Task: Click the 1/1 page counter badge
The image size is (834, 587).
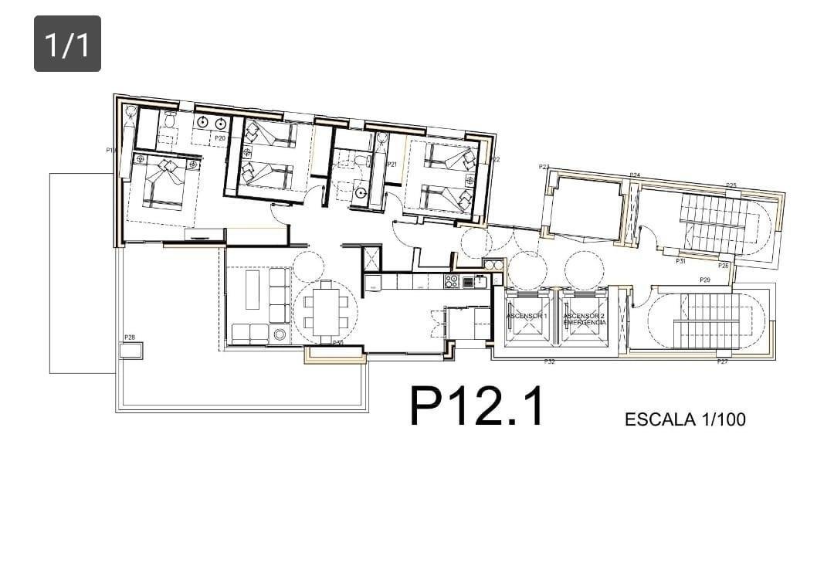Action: point(67,44)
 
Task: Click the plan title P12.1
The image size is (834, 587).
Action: point(476,406)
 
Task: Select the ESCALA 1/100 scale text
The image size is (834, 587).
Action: point(685,419)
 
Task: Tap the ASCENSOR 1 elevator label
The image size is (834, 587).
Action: point(527,317)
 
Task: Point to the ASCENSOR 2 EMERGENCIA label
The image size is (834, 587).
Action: point(585,318)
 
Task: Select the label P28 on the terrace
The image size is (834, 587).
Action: point(129,338)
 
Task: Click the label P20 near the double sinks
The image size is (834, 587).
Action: point(220,137)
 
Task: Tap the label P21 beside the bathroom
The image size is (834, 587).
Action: point(392,164)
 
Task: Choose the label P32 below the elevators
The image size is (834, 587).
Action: point(550,361)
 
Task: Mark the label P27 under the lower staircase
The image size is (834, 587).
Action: point(722,361)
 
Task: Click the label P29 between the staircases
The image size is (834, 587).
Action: point(704,279)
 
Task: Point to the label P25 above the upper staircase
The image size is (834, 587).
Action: point(731,185)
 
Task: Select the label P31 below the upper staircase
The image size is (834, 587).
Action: point(680,261)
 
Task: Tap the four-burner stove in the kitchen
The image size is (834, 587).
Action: point(452,281)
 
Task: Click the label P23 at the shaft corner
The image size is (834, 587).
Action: point(544,166)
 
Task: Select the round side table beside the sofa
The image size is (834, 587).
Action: point(279,334)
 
